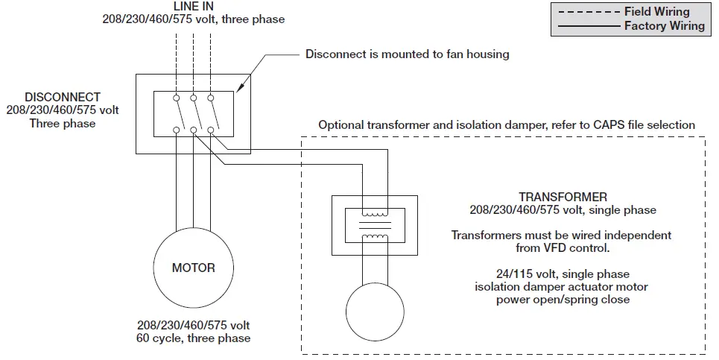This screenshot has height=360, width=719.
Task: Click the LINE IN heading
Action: click(x=193, y=6)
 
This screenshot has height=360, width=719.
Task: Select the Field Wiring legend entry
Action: click(x=657, y=11)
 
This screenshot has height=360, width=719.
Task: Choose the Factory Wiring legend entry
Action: click(x=664, y=26)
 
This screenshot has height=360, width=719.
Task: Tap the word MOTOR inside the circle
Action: click(x=193, y=268)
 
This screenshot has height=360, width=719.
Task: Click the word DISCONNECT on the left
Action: click(x=63, y=98)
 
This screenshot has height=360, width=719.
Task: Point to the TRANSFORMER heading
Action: click(x=563, y=198)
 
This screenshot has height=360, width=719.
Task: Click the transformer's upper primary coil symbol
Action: click(x=373, y=211)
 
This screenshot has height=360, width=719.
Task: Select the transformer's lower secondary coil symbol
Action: click(x=373, y=239)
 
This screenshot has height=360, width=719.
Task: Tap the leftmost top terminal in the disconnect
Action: click(x=177, y=98)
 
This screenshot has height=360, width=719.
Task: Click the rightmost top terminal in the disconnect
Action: click(x=211, y=98)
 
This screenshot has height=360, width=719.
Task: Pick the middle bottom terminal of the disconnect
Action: click(x=194, y=130)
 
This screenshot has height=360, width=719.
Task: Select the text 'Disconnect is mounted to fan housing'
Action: click(x=407, y=54)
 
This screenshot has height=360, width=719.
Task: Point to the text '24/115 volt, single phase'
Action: click(x=563, y=274)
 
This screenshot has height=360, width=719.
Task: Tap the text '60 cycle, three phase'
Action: click(x=193, y=339)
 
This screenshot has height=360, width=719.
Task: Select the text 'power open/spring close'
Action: click(x=563, y=300)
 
